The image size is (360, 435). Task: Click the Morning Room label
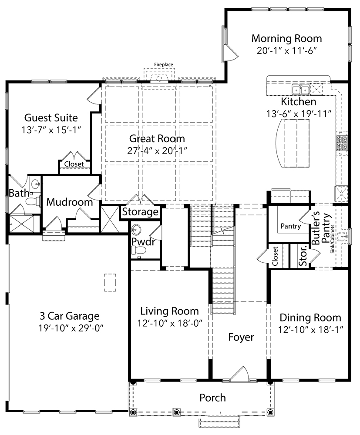tap(286, 38)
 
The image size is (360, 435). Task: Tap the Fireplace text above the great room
tap(164, 65)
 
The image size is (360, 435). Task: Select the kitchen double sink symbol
tap(300, 90)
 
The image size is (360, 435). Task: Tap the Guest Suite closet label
tap(74, 164)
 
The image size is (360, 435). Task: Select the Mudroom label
tap(70, 202)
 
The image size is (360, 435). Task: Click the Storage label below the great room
tap(140, 212)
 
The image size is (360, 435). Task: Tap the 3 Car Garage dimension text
tap(70, 328)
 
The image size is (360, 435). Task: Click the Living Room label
tap(169, 311)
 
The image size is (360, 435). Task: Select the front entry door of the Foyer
tap(239, 374)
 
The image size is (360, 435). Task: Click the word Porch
tap(212, 398)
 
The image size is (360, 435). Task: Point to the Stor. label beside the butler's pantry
tap(304, 257)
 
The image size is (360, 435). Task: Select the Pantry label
tap(290, 226)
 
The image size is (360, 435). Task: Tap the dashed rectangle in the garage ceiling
tap(110, 282)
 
